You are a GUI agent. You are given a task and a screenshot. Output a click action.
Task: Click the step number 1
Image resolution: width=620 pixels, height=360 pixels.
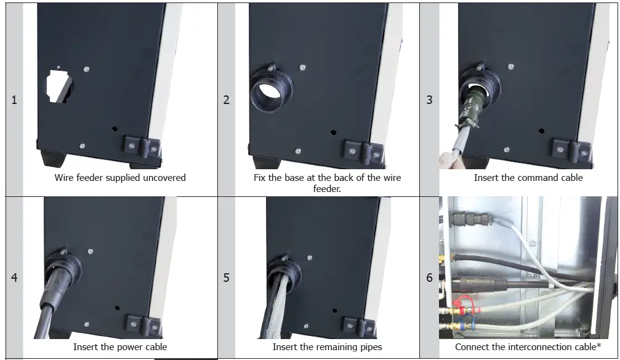coord(14,100)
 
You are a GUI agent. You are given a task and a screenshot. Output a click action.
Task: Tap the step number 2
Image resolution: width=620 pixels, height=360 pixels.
coord(226,100)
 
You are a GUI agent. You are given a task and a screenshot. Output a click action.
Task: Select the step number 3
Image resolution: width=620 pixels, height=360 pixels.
coord(429,100)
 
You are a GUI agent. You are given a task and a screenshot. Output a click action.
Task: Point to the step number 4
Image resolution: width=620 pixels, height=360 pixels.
coord(14,278)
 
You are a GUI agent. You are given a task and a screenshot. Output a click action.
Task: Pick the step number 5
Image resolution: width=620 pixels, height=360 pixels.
coord(226,278)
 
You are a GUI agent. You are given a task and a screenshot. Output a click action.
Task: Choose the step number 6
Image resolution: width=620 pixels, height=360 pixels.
coord(429,278)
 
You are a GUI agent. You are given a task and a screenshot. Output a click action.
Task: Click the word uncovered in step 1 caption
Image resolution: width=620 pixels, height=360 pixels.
coord(164,178)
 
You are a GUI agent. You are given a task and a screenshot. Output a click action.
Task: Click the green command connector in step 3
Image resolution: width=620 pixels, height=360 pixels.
coord(470,106)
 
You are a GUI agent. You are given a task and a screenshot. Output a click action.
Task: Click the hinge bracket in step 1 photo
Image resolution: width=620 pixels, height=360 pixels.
coord(142,147)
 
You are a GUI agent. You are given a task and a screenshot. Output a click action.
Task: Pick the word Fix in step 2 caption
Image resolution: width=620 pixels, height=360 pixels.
coord(259,178)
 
